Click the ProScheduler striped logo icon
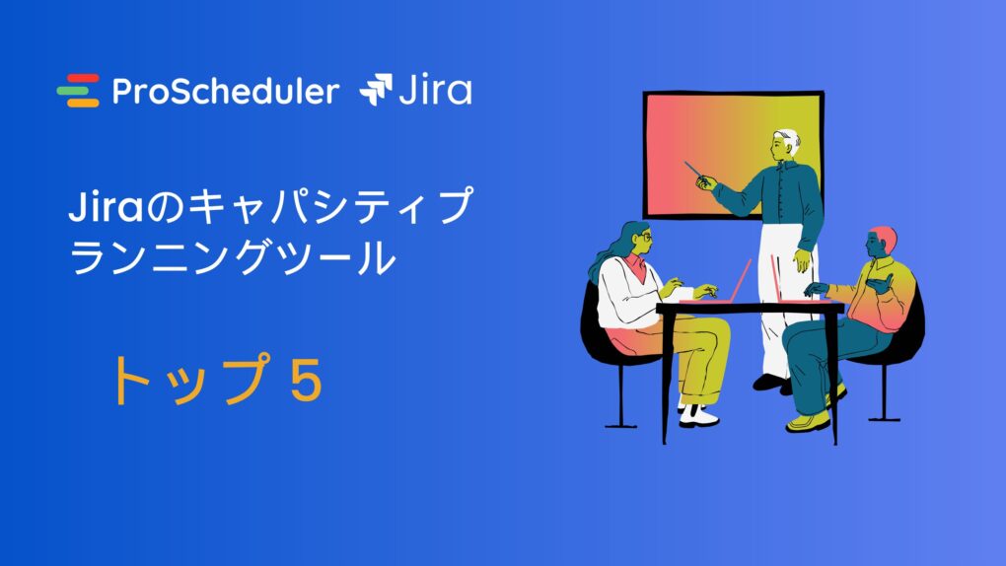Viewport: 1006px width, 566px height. (78, 91)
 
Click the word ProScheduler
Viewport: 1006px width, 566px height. (225, 91)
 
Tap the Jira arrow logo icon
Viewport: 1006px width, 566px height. (376, 89)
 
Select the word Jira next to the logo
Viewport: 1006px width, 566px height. (436, 89)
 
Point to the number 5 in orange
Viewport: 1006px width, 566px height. (306, 380)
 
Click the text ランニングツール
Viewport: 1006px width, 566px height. (232, 258)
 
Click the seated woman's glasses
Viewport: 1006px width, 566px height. (646, 238)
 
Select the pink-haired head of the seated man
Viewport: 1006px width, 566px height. (880, 242)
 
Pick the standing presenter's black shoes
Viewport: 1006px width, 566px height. (772, 384)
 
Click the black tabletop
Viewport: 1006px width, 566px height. (750, 308)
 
